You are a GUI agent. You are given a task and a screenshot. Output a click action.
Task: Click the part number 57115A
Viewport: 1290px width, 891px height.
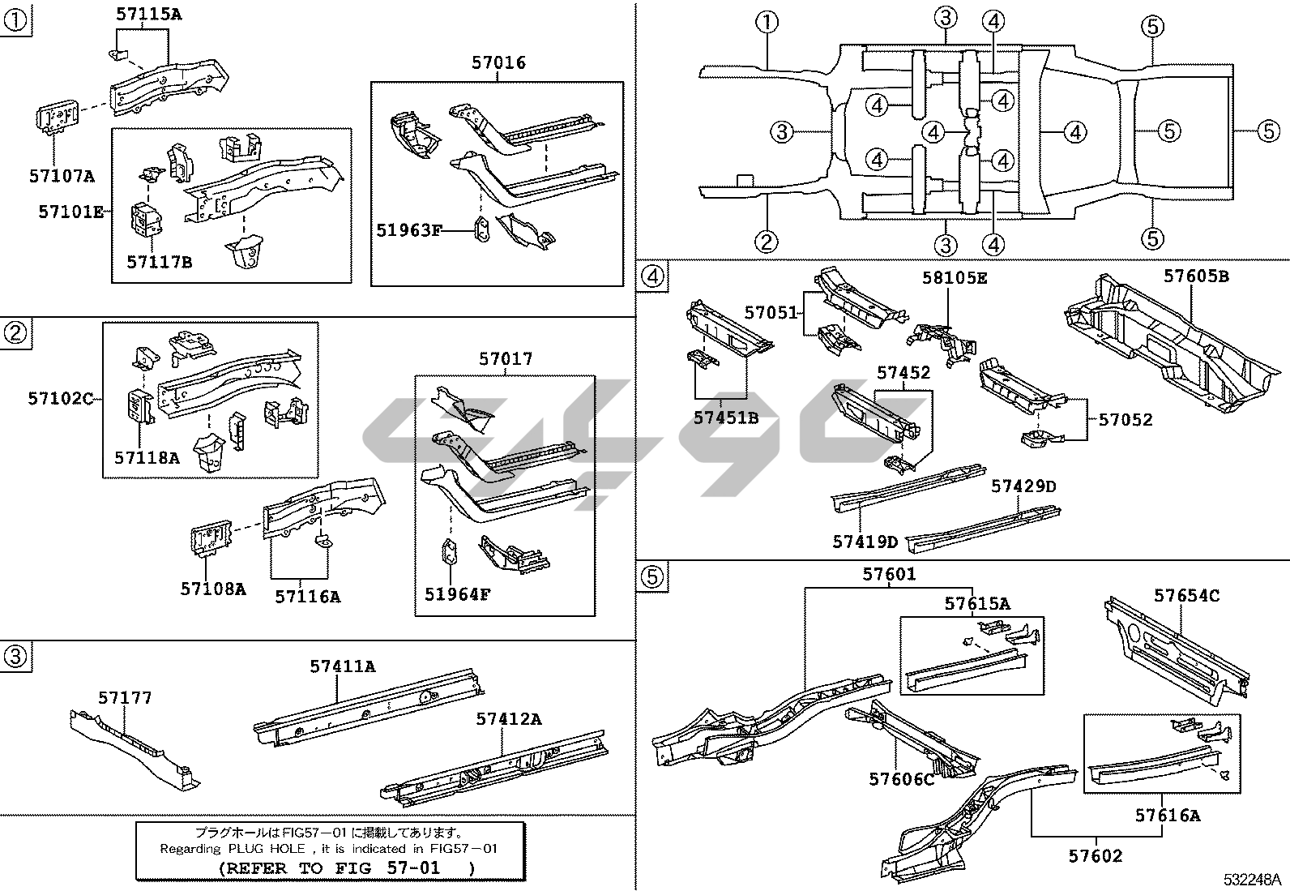[x=149, y=15]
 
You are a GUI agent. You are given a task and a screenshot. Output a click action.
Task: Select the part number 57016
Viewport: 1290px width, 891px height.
[x=498, y=62]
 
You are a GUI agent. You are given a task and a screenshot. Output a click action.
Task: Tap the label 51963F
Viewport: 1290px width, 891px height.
[x=409, y=230]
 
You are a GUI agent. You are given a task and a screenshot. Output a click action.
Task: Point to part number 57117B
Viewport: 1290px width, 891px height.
[x=160, y=263]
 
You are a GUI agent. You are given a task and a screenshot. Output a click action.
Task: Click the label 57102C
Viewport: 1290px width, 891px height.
[x=61, y=398]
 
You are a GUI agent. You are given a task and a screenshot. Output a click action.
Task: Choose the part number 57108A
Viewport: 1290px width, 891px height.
[x=213, y=589]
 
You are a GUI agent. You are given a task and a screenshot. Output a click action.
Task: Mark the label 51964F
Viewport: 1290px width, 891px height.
[x=458, y=594]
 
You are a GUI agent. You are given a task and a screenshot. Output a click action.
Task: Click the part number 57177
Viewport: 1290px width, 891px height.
[x=125, y=698]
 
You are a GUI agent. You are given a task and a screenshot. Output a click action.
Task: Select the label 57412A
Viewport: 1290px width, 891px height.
[x=509, y=719]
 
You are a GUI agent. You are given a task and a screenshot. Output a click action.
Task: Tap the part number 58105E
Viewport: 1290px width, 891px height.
[x=955, y=278]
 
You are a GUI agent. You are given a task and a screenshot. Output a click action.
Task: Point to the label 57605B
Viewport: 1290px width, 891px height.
[x=1196, y=276]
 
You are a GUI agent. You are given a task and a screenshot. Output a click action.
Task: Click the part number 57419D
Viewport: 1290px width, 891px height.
[x=865, y=542]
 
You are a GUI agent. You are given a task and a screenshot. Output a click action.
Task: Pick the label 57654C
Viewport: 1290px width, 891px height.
[x=1187, y=595]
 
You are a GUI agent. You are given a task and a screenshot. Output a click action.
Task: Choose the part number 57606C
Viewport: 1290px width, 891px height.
[x=902, y=779]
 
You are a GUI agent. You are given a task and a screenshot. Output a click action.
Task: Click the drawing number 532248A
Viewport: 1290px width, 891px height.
[x=1252, y=880]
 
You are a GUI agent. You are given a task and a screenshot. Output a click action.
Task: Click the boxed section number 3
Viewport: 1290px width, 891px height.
[x=15, y=657]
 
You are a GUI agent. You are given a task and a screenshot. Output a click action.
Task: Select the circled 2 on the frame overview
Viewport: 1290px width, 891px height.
[x=767, y=242]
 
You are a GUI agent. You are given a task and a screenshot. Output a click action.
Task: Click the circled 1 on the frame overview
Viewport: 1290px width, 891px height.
[x=767, y=23]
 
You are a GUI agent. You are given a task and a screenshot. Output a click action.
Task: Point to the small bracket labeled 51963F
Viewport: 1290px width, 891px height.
[x=482, y=229]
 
